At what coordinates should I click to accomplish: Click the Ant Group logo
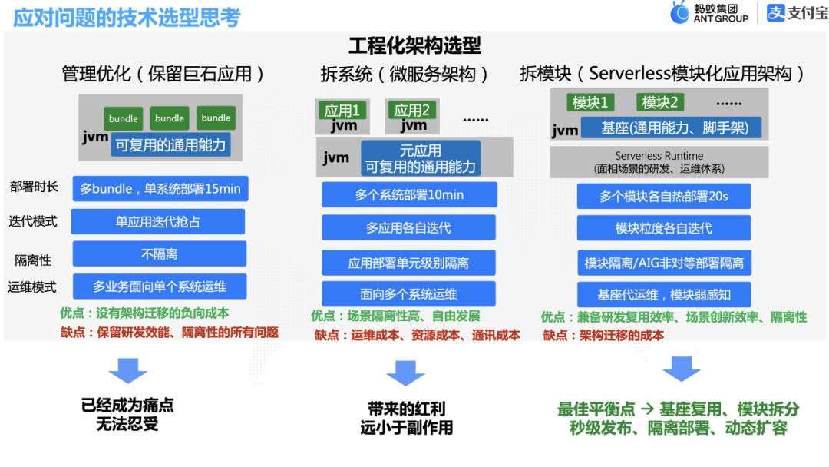pos(708,13)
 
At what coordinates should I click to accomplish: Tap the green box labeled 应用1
pos(342,110)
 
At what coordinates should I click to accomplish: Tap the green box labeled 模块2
pos(660,102)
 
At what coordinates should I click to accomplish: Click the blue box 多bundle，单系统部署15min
pos(160,189)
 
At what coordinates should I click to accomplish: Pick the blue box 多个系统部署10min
pos(409,195)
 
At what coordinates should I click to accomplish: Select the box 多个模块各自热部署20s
pos(663,197)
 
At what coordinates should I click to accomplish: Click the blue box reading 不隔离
pos(160,254)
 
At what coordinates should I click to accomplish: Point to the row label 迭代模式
pos(33,221)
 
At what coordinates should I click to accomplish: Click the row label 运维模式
pos(33,287)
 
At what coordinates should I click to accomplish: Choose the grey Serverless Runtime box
pos(659,162)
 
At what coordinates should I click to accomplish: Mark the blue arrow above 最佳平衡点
pos(681,369)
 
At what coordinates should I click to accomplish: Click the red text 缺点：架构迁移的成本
pos(603,335)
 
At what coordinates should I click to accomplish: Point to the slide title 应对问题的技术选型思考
pos(127,18)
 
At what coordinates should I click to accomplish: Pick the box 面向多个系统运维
pos(408,294)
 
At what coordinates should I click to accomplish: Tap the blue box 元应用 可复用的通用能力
pos(420,159)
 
